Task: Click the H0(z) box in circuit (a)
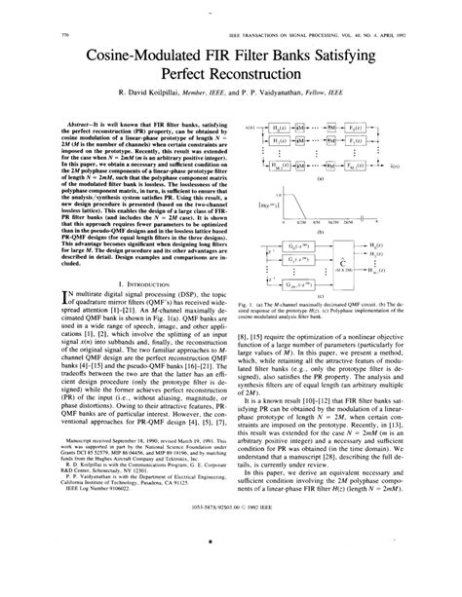[x=280, y=130]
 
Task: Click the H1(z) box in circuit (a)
[x=280, y=142]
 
